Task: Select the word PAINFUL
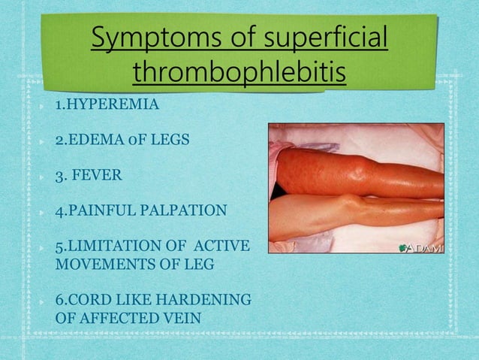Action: click(100, 210)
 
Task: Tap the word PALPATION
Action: click(183, 210)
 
